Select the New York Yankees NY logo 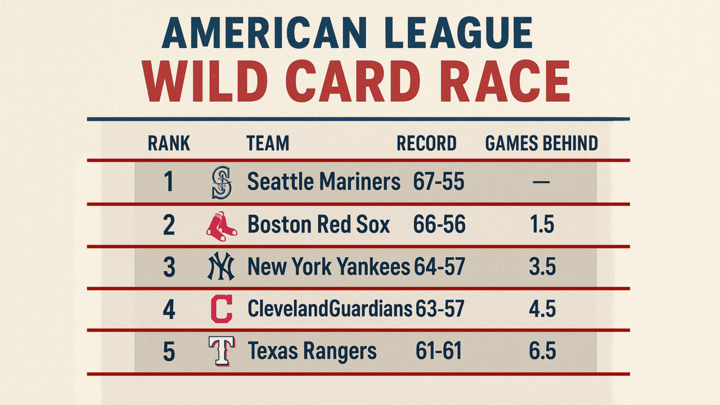(x=220, y=267)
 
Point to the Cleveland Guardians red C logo (x=221, y=309)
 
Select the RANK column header (x=169, y=144)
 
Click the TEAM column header (x=268, y=144)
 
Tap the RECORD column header (x=426, y=144)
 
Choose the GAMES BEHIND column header (x=541, y=144)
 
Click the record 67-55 (x=439, y=182)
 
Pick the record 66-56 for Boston (x=439, y=225)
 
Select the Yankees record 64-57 (x=439, y=267)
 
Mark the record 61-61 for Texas (x=439, y=352)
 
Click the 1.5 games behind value (x=542, y=225)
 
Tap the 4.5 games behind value (x=542, y=309)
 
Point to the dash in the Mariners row (x=541, y=182)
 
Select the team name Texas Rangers (x=312, y=352)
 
